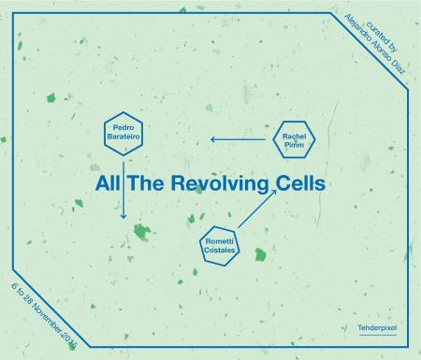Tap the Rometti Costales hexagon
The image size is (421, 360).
click(222, 246)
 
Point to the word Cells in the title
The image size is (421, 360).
click(298, 183)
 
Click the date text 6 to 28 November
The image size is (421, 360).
click(43, 310)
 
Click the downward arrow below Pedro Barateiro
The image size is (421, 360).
click(123, 191)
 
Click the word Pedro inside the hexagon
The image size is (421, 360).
click(123, 126)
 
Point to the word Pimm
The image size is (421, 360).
click(296, 145)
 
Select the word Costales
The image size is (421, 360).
click(222, 251)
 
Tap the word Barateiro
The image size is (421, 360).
click(123, 136)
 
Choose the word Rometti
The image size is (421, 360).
click(222, 241)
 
